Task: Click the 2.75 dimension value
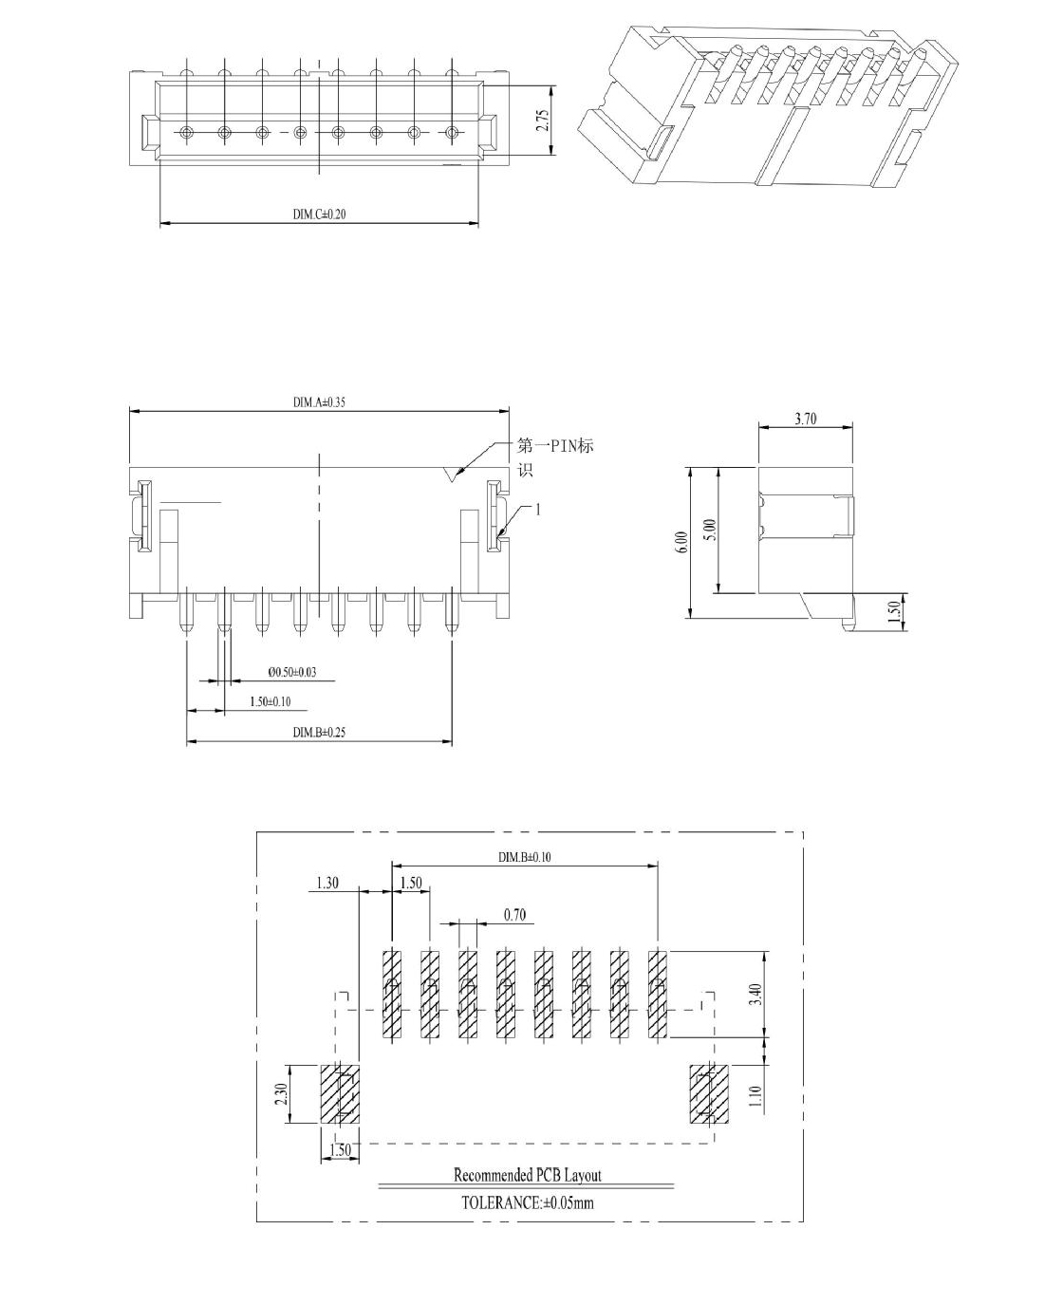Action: tap(543, 121)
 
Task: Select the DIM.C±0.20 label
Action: tap(319, 214)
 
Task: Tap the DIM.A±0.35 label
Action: tap(319, 402)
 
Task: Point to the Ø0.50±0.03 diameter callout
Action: tap(292, 672)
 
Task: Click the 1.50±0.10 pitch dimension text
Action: tap(270, 701)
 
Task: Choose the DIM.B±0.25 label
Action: tap(319, 733)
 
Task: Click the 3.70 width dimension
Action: tap(806, 419)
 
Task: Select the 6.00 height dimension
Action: tap(683, 542)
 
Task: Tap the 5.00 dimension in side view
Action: tap(710, 531)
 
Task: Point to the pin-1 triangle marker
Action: tap(452, 475)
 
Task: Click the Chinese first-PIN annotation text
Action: tap(555, 456)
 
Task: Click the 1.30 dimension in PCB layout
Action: tap(327, 883)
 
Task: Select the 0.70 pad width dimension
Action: tap(514, 915)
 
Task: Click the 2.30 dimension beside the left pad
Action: tap(281, 1094)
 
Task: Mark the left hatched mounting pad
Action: tap(340, 1094)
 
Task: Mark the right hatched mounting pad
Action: tap(709, 1094)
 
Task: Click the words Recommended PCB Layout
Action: tap(527, 1175)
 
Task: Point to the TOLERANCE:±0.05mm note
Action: tap(527, 1202)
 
